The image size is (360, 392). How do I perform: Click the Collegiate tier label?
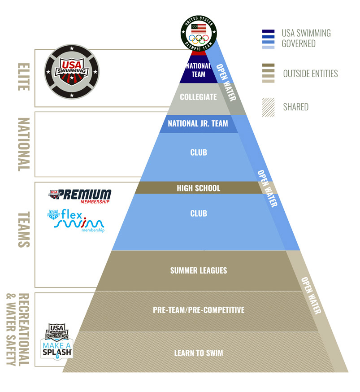pos(198,97)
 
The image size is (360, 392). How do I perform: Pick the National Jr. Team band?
pos(198,123)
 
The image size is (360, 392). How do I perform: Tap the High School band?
pos(198,188)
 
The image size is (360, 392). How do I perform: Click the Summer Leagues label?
pos(198,270)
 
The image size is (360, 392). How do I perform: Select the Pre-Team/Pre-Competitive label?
pos(198,310)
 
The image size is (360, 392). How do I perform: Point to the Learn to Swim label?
pos(198,353)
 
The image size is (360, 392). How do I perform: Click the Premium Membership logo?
pos(79,196)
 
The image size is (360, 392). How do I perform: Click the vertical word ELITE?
pos(22,76)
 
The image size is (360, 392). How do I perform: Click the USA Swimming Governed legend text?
pos(306,38)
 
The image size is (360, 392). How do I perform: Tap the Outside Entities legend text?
pos(310,74)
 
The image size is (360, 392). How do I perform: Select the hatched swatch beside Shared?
pos(269,107)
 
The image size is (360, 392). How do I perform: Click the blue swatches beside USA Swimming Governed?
pos(269,39)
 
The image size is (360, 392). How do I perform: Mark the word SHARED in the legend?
pos(295,107)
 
